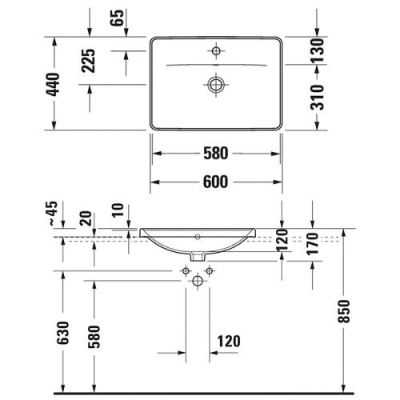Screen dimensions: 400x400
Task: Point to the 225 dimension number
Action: click(89, 62)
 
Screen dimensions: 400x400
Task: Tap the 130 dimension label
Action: click(317, 50)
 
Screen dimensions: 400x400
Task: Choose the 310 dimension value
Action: click(317, 97)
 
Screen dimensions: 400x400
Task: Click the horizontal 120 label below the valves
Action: click(228, 342)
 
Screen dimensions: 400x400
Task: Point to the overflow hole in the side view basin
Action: click(198, 238)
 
